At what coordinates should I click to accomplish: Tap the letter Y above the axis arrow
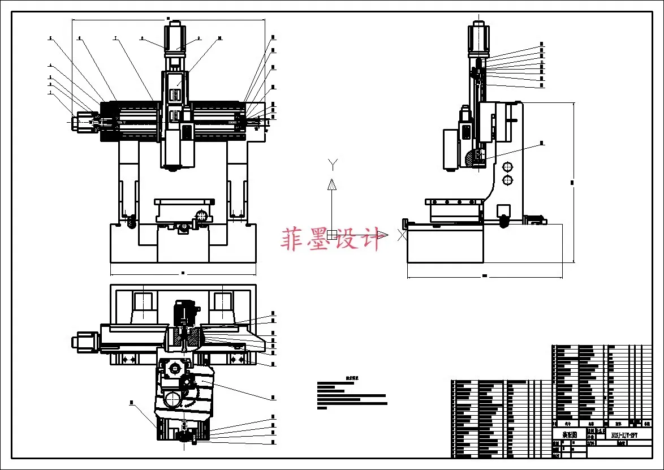333,164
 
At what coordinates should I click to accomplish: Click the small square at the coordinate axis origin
333,235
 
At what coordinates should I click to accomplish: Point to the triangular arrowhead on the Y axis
333,184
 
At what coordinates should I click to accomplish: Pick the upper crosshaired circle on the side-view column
507,166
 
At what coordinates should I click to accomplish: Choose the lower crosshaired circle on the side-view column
507,180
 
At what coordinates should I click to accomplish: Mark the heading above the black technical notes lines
352,378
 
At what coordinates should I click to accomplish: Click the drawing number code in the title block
623,434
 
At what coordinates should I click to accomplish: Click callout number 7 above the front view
115,38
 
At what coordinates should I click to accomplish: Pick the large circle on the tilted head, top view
173,400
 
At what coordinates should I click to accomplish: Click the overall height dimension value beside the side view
572,182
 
